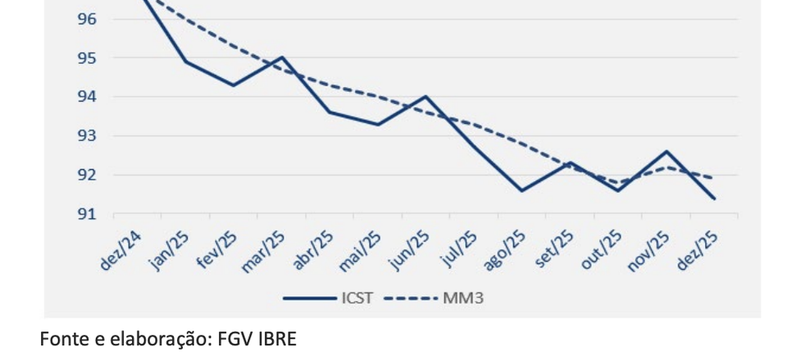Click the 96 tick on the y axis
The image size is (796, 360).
pos(87,19)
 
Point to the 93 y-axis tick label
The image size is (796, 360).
pos(87,136)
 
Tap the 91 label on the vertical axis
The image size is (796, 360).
pos(87,214)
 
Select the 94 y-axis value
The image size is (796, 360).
pos(87,97)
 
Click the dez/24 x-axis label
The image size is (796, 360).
pos(121,249)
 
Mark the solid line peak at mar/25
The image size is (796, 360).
pos(281,57)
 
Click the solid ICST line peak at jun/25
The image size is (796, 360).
pos(425,96)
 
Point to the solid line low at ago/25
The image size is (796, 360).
pos(521,191)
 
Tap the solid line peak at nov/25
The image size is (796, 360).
pos(666,152)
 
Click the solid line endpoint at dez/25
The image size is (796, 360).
pos(714,198)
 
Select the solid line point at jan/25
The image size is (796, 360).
pos(185,62)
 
